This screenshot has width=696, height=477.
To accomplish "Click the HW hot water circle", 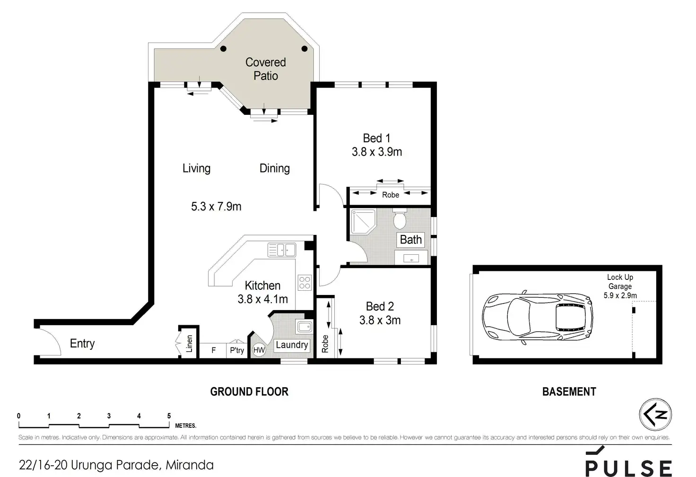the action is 259,350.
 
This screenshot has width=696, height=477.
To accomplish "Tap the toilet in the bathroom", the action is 400,218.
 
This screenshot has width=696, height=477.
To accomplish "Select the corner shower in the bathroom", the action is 363,222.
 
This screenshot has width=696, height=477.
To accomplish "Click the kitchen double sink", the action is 282,250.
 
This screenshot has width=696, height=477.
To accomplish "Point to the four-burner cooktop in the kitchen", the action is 304,283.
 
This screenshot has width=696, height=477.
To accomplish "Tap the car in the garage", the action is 538,317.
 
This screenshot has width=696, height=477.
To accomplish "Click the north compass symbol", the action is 655,415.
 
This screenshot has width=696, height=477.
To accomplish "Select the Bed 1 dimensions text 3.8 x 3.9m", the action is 376,152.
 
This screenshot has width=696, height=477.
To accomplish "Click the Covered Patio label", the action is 266,69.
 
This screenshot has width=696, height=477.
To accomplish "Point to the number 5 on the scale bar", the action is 169,416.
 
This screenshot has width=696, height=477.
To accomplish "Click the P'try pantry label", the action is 237,350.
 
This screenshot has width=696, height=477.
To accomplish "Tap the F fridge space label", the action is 213,350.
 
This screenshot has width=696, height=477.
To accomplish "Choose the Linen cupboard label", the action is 189,343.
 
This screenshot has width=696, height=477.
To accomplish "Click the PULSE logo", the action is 628,461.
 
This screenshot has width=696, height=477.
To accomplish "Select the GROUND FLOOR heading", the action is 249,391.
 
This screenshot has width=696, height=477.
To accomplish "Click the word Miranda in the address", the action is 190,465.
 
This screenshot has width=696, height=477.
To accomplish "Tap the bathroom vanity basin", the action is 411,258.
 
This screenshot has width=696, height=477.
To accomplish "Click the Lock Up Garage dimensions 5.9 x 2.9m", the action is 620,295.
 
